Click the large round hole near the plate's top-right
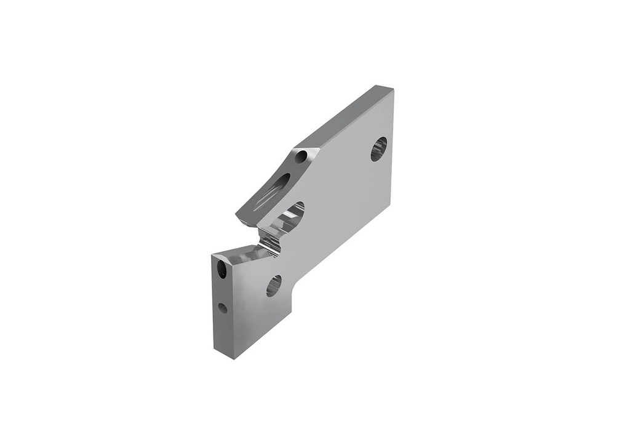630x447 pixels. pyautogui.click(x=378, y=149)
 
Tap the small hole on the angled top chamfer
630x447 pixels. pyautogui.click(x=301, y=156)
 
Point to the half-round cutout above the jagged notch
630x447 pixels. pyautogui.click(x=293, y=212)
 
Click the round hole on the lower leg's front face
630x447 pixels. pyautogui.click(x=274, y=285)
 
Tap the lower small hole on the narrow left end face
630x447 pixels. pyautogui.click(x=223, y=307)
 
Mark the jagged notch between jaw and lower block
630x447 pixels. pyautogui.click(x=269, y=240)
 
